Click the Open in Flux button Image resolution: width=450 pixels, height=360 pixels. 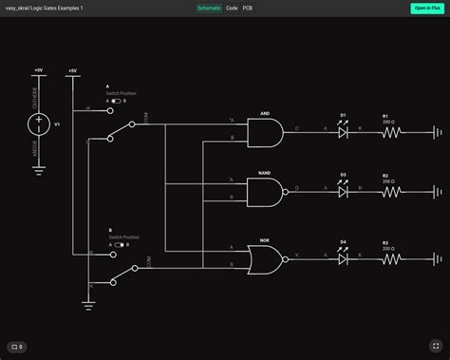coord(425,8)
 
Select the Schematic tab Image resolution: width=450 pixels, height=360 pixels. coord(209,8)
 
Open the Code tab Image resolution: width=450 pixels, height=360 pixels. coord(232,8)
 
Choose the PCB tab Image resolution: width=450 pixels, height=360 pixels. coord(248,8)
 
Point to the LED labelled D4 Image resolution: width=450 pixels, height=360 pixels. coord(344,257)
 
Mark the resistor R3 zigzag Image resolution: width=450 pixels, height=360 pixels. coord(391,257)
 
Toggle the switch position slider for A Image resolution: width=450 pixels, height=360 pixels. coord(115,101)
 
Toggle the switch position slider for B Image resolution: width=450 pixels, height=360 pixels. coord(119,244)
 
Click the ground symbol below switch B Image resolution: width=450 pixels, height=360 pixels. coord(88,303)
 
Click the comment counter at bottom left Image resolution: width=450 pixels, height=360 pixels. coord(16,347)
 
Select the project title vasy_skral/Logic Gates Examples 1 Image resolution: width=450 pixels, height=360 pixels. coord(44,8)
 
